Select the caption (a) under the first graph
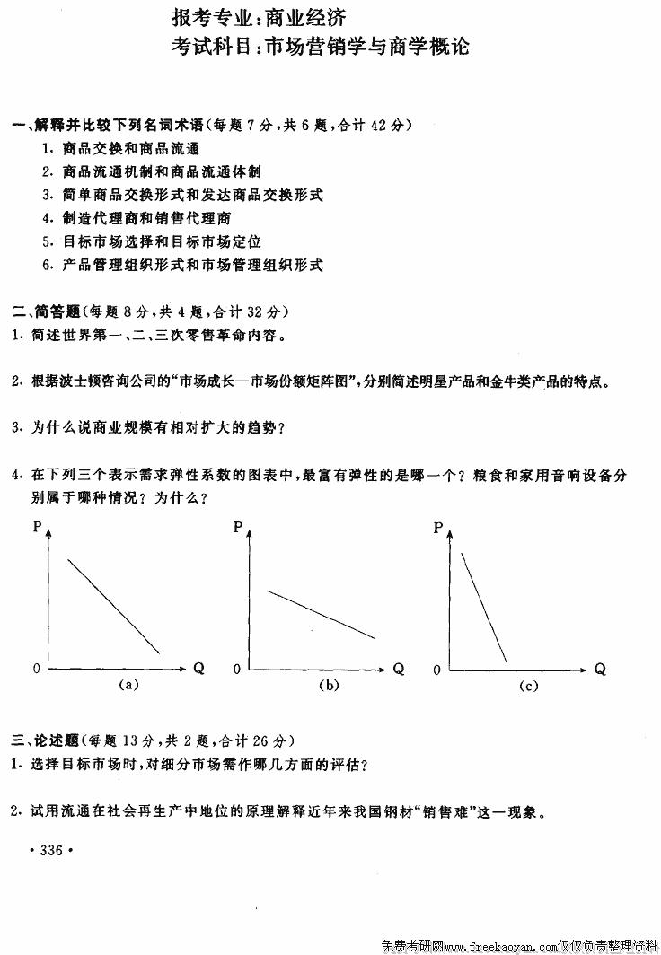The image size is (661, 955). click(128, 686)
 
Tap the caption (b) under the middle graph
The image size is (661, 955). click(330, 686)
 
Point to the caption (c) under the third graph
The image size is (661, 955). click(528, 686)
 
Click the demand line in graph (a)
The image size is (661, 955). click(114, 606)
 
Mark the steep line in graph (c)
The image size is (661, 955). click(483, 608)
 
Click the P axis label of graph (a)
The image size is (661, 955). click(37, 528)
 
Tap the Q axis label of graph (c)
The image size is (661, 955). click(600, 669)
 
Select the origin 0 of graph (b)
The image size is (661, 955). click(237, 670)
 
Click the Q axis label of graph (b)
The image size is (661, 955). click(399, 669)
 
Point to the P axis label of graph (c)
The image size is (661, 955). click(438, 528)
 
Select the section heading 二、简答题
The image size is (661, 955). click(47, 311)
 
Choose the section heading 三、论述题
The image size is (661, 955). click(47, 740)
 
